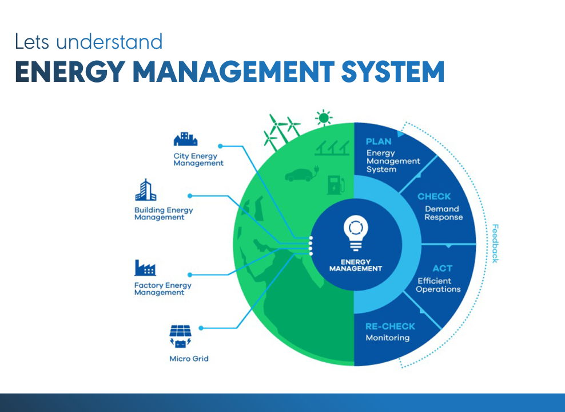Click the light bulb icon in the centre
point(355,233)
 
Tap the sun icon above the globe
point(324,118)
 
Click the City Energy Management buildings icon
point(185,139)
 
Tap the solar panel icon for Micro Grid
point(180,336)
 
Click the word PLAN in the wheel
point(379,142)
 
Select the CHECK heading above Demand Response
point(434,197)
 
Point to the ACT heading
point(442,269)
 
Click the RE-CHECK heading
point(390,326)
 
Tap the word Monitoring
point(387,338)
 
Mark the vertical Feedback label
point(495,243)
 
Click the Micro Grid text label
point(189,359)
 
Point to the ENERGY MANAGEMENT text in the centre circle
point(355,265)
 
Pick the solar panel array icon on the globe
point(331,148)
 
